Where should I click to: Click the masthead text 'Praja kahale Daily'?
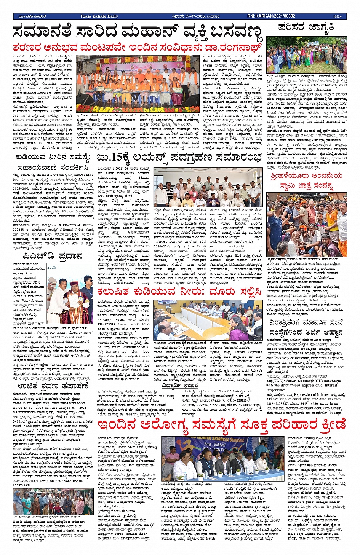coord(99,16)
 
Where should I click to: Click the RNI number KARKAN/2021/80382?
coord(271,16)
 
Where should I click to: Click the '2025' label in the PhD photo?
coord(52,267)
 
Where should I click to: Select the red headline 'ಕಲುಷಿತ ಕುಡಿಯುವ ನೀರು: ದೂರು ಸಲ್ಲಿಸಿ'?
coord(179,292)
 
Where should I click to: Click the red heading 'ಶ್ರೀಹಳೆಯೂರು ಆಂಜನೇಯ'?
coord(306,175)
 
